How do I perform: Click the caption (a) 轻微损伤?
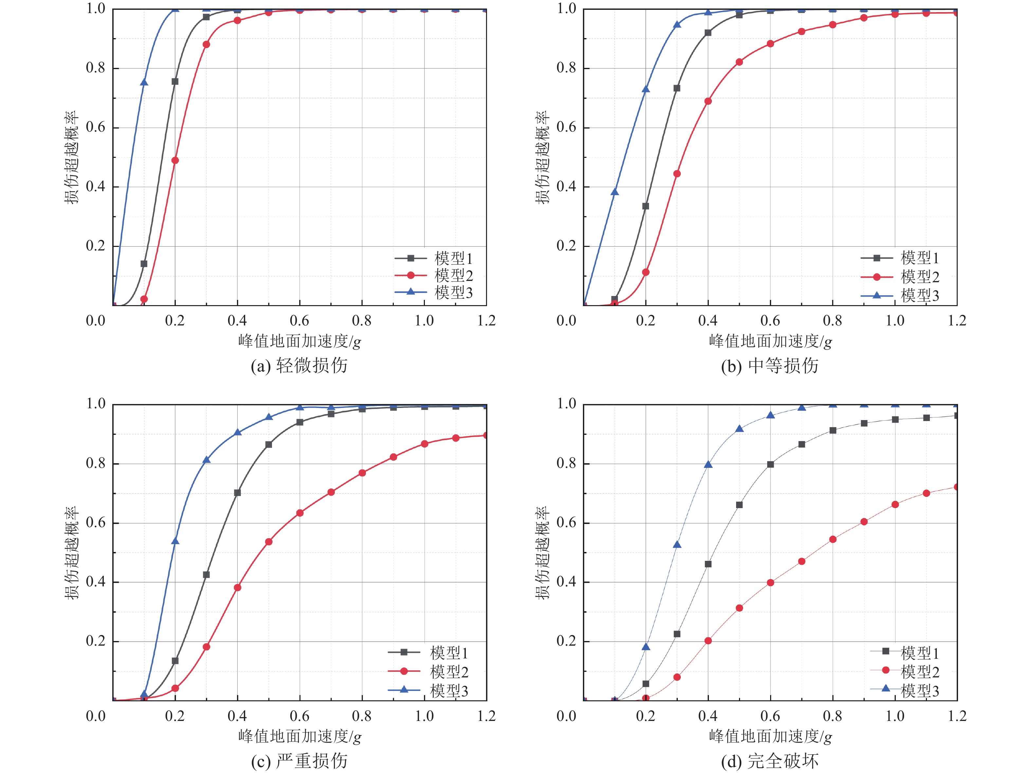299,365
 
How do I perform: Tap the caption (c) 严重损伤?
299,761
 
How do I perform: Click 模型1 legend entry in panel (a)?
433,258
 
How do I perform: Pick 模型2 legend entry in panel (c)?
429,672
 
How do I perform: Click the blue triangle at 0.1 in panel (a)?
144,83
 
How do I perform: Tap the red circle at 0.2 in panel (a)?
175,160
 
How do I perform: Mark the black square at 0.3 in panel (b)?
677,88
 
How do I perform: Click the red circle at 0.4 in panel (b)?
708,101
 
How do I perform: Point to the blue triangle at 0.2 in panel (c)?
175,541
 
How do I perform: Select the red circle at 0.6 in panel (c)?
300,513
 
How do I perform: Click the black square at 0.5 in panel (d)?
739,505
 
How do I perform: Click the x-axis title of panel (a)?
299,341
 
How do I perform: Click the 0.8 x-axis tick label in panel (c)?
362,716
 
